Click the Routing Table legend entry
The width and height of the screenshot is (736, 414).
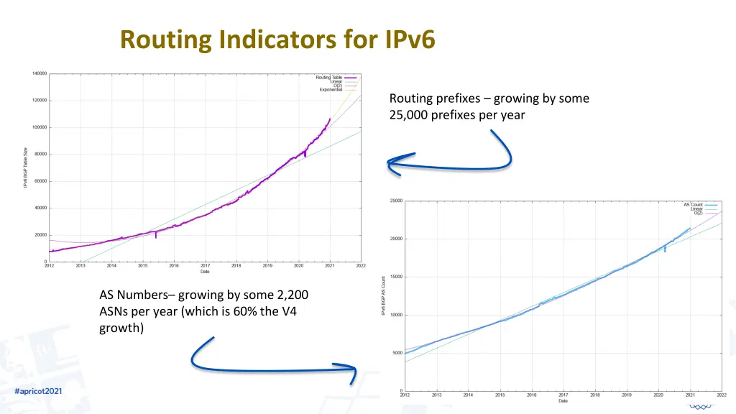(329, 77)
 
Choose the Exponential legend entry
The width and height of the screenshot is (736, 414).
(331, 90)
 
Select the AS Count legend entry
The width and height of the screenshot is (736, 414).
(693, 205)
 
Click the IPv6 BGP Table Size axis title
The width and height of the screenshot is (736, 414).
(26, 167)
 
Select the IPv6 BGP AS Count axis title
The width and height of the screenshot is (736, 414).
(385, 295)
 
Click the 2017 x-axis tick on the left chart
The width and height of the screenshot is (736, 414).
(205, 266)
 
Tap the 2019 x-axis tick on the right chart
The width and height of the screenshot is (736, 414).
(627, 395)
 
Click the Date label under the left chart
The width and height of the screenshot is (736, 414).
(205, 272)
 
